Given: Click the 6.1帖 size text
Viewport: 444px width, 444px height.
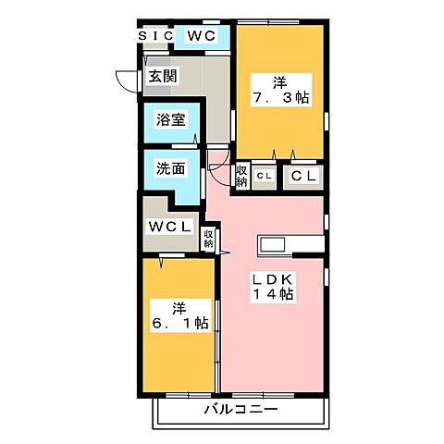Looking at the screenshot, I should coord(181,324).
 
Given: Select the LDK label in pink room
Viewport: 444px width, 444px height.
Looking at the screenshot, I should coord(274,277).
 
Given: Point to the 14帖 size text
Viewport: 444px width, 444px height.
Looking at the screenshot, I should coord(274,295).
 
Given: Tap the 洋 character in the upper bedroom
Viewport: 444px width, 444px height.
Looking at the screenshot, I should coord(278,78).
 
